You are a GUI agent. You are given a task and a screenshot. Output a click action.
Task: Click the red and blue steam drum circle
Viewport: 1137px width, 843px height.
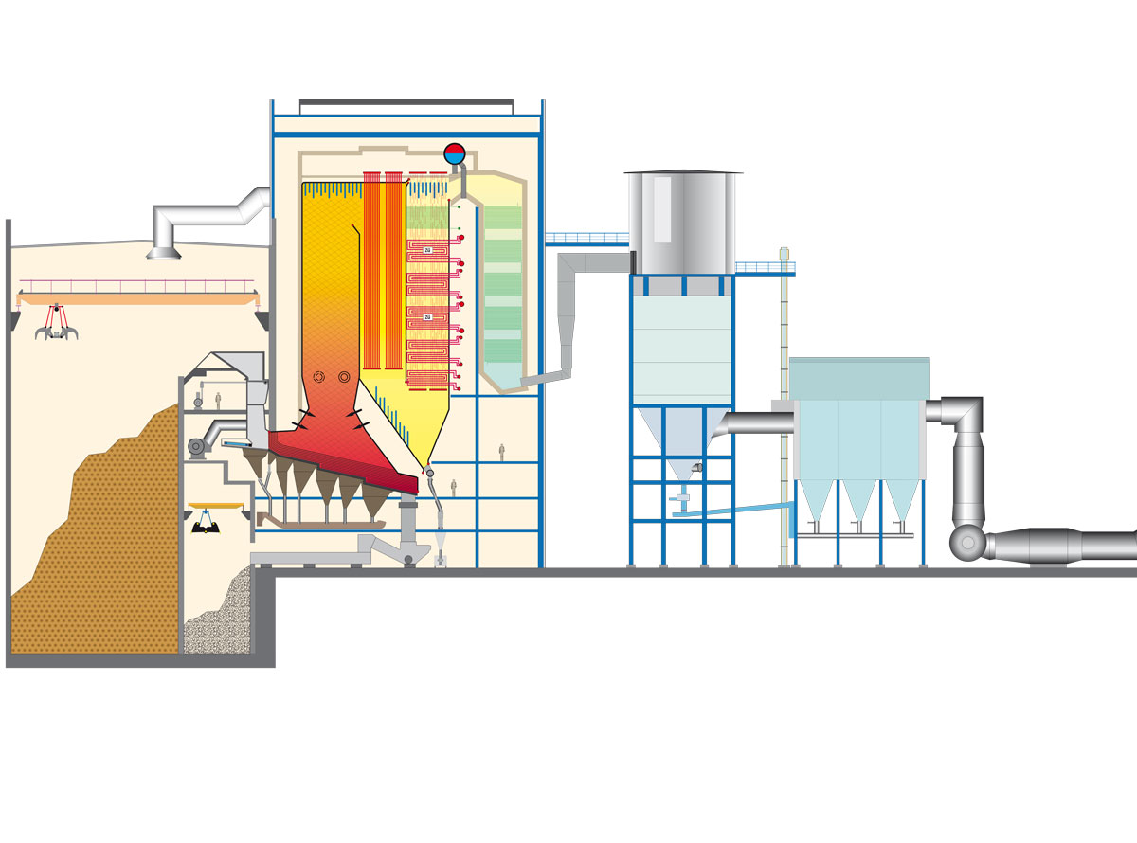pos(455,152)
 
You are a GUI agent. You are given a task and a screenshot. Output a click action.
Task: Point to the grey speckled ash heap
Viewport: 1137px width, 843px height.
pos(220,616)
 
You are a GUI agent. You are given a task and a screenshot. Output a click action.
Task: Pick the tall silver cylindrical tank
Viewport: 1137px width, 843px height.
pos(682,223)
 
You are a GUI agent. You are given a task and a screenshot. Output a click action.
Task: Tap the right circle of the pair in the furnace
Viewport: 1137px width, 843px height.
pos(344,377)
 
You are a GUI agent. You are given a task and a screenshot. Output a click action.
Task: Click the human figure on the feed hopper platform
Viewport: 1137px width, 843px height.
pos(218,399)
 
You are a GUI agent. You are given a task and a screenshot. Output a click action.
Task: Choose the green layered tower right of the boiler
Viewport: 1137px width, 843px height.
pos(502,284)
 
